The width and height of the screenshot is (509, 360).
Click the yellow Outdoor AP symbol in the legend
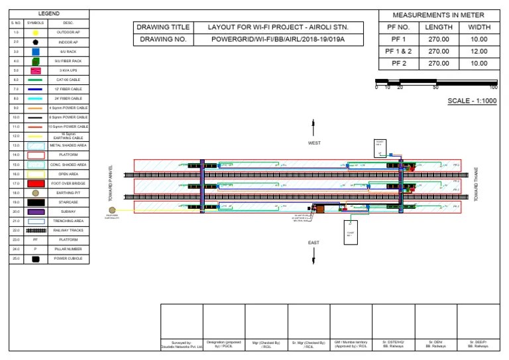click(36, 32)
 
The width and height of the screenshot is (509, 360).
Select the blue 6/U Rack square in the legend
click(36, 51)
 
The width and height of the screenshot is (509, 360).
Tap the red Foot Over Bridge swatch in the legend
click(36, 183)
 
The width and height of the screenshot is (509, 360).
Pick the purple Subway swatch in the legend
click(36, 211)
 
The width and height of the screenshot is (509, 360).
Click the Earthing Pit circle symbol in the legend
click(36, 192)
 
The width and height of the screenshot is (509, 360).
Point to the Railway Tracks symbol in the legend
click(36, 230)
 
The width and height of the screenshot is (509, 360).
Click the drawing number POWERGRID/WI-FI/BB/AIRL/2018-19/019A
click(278, 40)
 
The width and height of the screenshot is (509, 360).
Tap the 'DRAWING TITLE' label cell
click(162, 27)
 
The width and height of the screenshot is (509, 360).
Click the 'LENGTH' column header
click(439, 27)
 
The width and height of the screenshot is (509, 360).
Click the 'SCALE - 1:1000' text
click(473, 101)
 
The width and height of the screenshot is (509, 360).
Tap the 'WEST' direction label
click(313, 143)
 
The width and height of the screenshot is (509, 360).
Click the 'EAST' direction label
click(313, 243)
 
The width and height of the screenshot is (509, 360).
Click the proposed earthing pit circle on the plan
click(112, 210)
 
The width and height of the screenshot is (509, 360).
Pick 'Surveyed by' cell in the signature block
click(182, 344)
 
